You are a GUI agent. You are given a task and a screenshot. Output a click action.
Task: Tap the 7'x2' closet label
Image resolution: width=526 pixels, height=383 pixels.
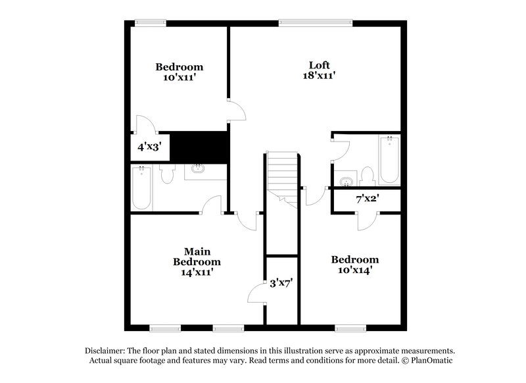[368, 199]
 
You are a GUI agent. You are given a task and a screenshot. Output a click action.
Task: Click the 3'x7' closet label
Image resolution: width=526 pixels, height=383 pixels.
[281, 284]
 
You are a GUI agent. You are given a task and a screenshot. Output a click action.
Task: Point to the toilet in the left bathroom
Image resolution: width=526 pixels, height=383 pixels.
[168, 174]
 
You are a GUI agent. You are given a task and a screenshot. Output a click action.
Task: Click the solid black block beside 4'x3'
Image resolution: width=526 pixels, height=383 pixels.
[199, 145]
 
